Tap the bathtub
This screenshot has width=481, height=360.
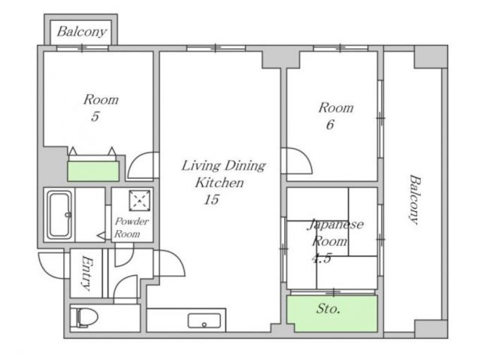pyautogui.click(x=60, y=215)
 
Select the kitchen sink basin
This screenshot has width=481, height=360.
pyautogui.click(x=204, y=321)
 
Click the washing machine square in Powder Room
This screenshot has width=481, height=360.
pyautogui.click(x=140, y=201)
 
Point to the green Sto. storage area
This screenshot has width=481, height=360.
pyautogui.click(x=332, y=313)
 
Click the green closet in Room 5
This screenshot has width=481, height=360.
pyautogui.click(x=93, y=171)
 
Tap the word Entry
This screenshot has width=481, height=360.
pyautogui.click(x=87, y=274)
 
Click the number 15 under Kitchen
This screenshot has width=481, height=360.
pyautogui.click(x=212, y=200)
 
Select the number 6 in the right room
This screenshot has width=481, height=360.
pyautogui.click(x=330, y=125)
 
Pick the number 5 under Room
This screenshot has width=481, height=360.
pyautogui.click(x=95, y=116)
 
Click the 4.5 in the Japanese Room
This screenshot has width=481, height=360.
pyautogui.click(x=322, y=259)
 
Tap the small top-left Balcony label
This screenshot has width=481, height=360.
pyautogui.click(x=82, y=32)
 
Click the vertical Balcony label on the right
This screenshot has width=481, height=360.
pyautogui.click(x=414, y=200)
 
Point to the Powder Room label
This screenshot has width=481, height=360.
pyautogui.click(x=132, y=227)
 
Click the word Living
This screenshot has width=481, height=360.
pyautogui.click(x=201, y=166)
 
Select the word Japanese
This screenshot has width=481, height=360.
pyautogui.click(x=335, y=225)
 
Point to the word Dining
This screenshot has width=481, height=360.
pyautogui.click(x=244, y=166)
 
